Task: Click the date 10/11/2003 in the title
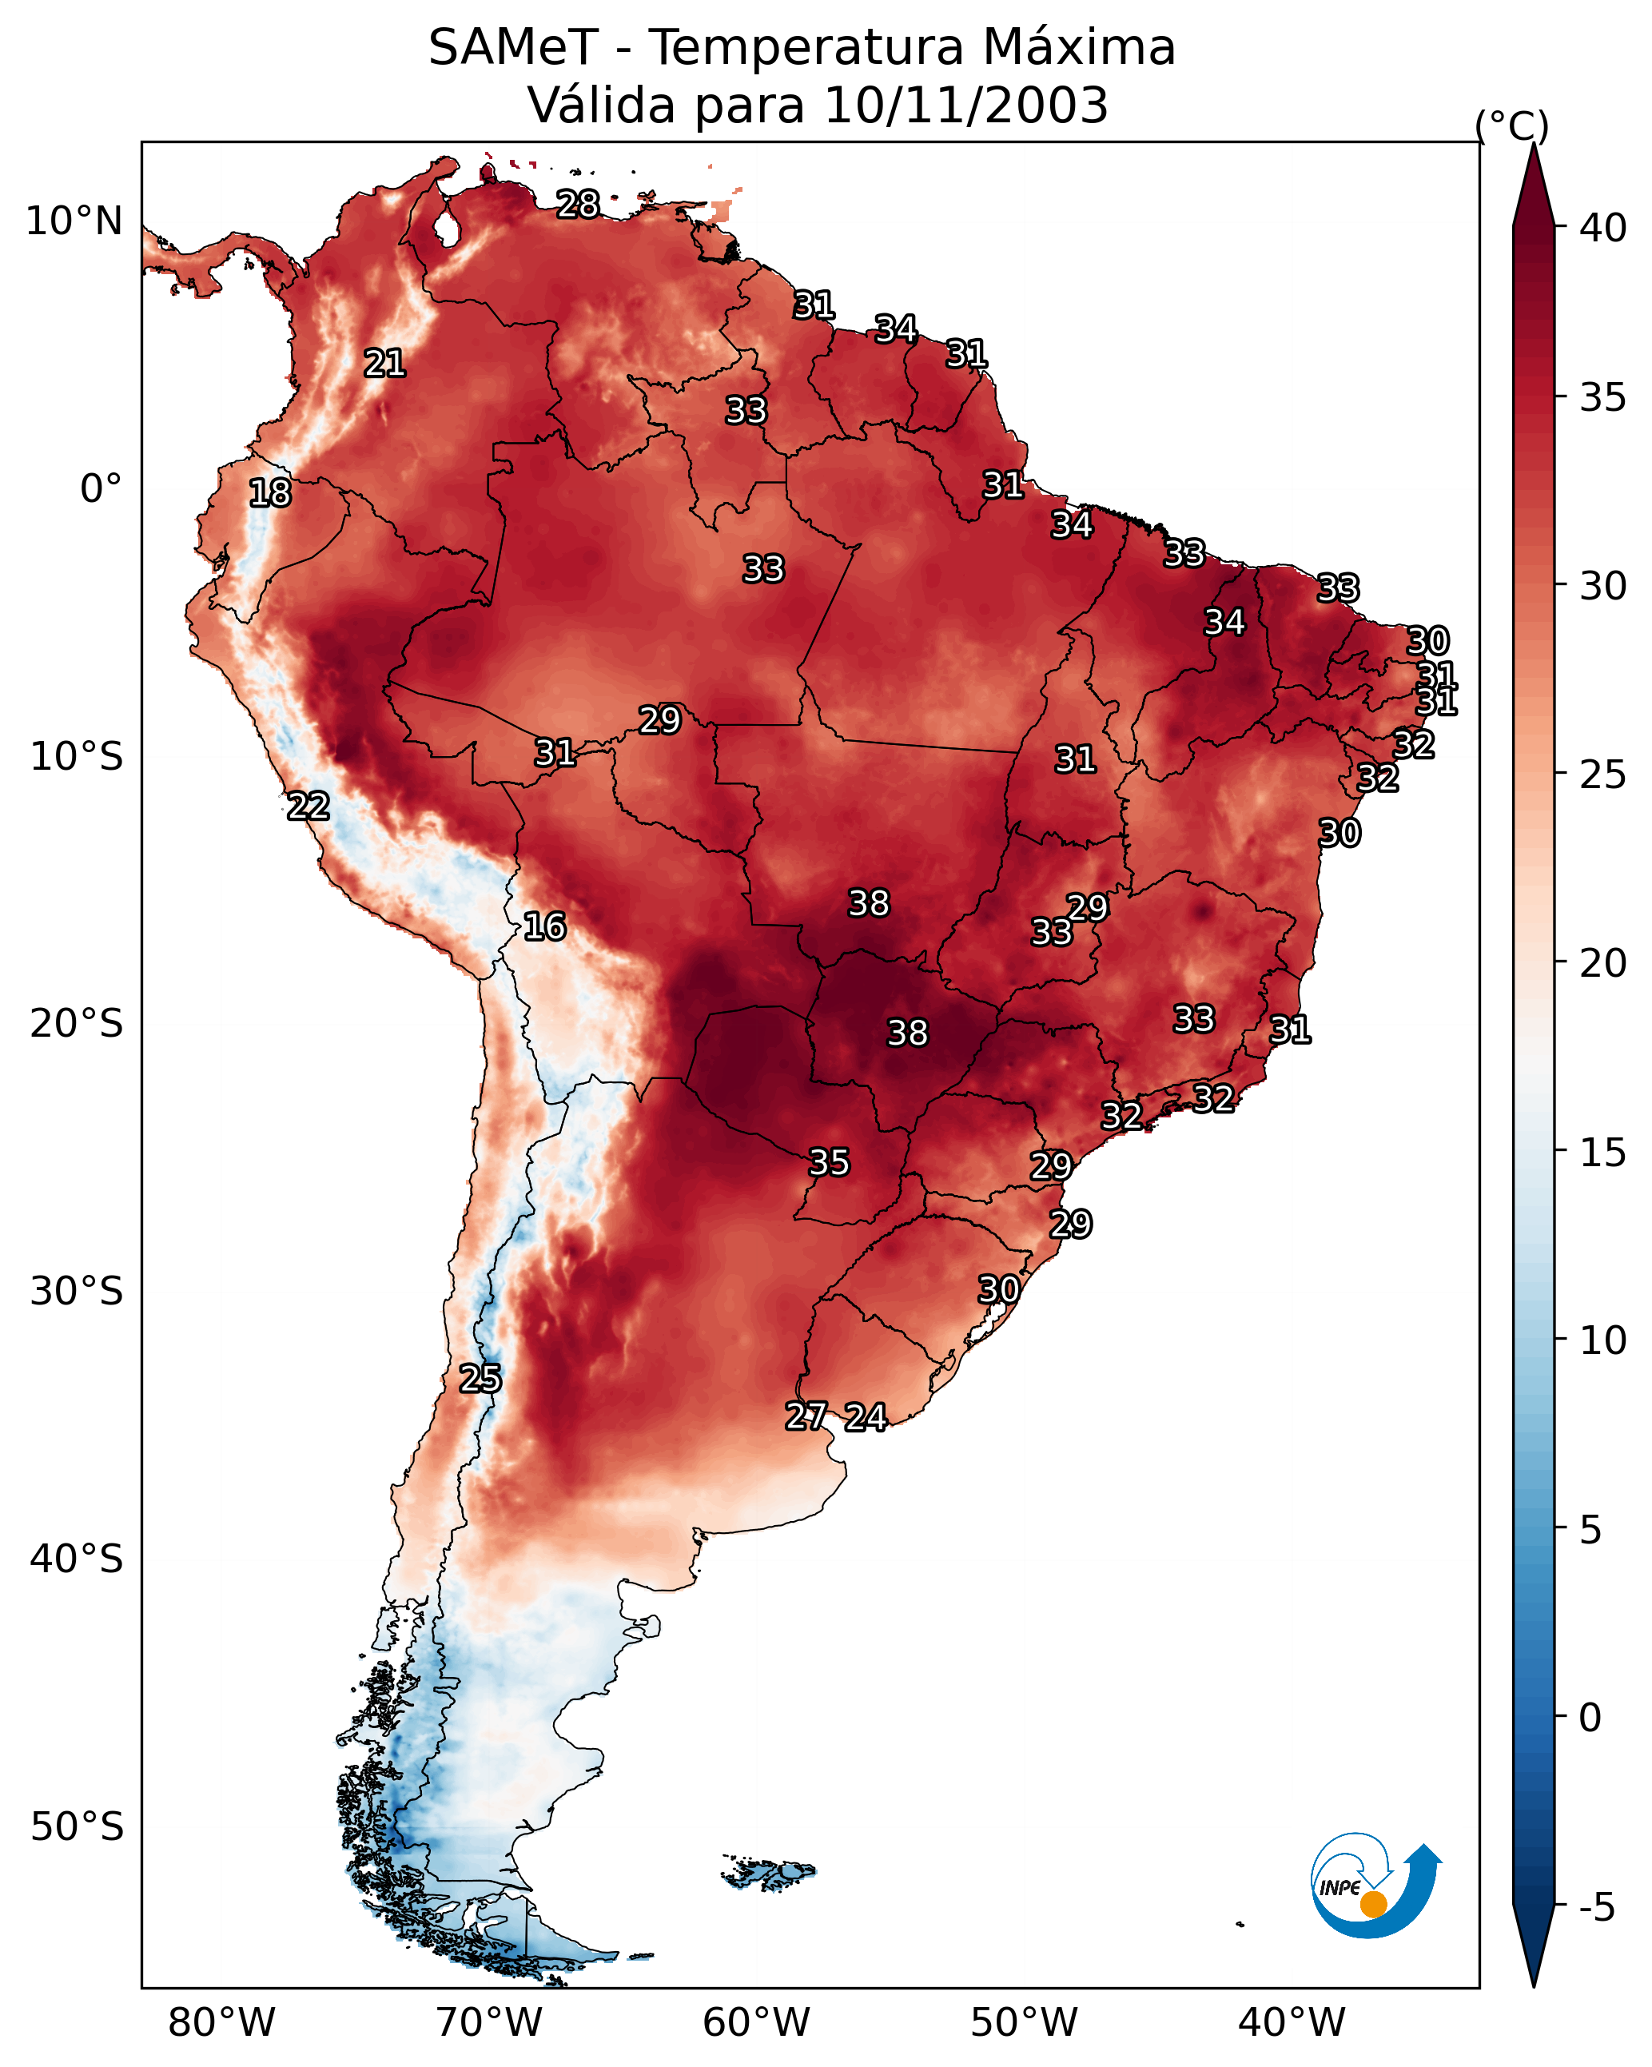[965, 106]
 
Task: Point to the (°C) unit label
[1511, 125]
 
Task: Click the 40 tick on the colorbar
[1603, 228]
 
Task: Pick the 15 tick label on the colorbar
[1603, 1153]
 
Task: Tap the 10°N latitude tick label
[74, 221]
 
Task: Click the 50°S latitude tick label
[77, 1827]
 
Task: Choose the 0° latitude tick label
[101, 489]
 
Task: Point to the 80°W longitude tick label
[221, 2022]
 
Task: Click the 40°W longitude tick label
[1292, 2022]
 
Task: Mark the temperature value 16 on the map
[544, 927]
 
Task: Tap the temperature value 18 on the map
[269, 493]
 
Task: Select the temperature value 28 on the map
[578, 204]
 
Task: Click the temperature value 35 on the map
[828, 1163]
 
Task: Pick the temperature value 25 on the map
[480, 1379]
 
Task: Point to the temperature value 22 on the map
[308, 806]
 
